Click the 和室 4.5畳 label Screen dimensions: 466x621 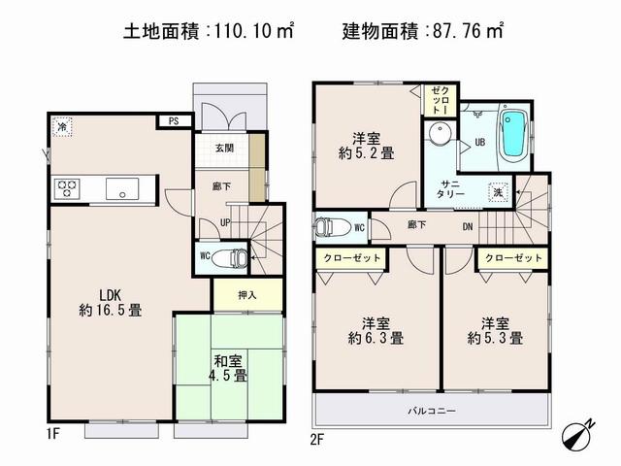coord(230,366)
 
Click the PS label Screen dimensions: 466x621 coord(174,121)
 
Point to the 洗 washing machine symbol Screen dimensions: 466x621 coord(498,191)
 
